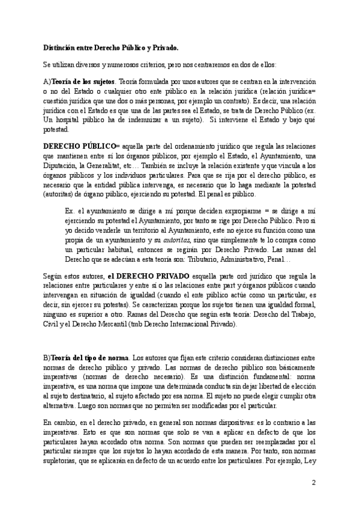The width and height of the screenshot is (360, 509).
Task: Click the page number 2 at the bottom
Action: click(x=314, y=482)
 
